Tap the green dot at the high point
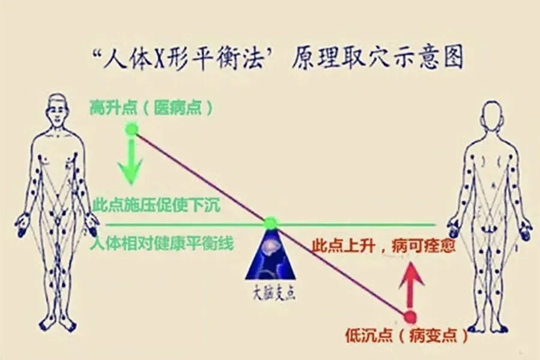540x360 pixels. pos(131,128)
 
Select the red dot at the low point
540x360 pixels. pos(410,317)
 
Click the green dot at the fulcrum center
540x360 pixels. pos(271,223)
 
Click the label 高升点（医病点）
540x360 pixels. pos(151,108)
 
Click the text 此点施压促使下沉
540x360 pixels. pos(157,205)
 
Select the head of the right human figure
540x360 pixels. pos(491,113)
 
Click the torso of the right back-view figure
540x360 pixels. pos(491,174)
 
